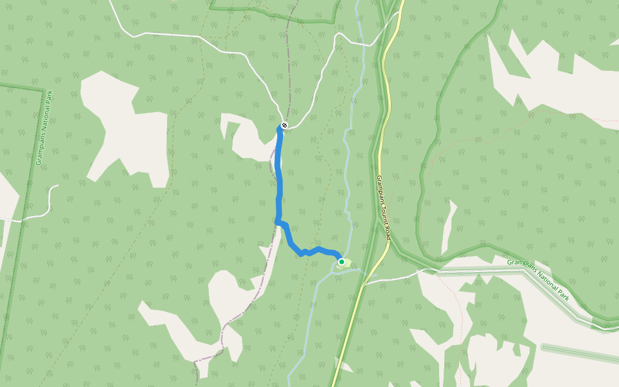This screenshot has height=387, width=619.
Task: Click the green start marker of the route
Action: point(341,261)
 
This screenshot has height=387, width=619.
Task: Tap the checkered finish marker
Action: point(284,125)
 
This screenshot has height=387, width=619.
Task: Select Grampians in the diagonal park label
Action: point(521,264)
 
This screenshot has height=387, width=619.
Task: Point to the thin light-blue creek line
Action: point(346,168)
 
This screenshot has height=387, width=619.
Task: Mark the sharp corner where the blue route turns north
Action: point(277,222)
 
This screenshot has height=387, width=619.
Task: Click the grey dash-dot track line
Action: point(288,64)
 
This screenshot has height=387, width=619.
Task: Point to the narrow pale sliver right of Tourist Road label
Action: point(448,226)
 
